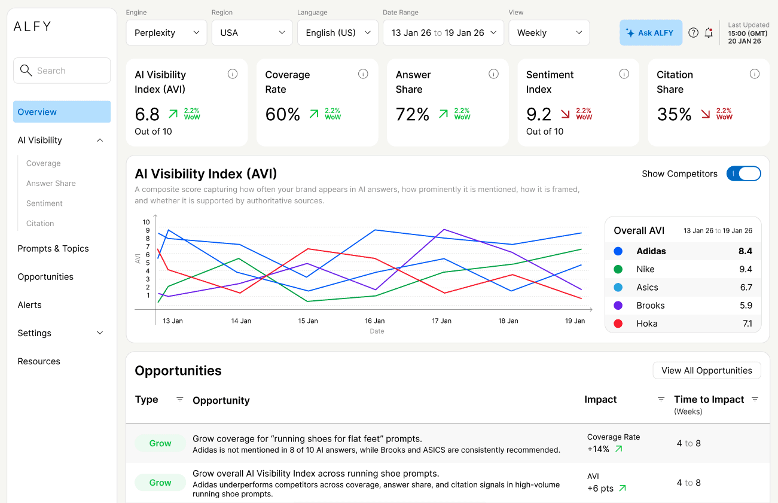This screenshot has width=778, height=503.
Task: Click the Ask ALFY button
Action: pyautogui.click(x=651, y=33)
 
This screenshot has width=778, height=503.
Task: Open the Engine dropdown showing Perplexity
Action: pyautogui.click(x=166, y=33)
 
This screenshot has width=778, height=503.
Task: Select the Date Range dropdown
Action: pyautogui.click(x=443, y=33)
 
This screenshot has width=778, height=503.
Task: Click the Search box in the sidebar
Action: pyautogui.click(x=62, y=71)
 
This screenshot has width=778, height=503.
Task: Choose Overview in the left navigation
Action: pyautogui.click(x=62, y=112)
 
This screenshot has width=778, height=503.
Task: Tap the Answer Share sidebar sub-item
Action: pyautogui.click(x=51, y=184)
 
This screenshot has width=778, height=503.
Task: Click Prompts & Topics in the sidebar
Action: pyautogui.click(x=53, y=249)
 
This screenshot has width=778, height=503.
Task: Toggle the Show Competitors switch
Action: pyautogui.click(x=743, y=173)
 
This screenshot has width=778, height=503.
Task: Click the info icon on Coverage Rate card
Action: pyautogui.click(x=363, y=74)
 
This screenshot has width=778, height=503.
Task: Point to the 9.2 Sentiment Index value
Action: pyautogui.click(x=539, y=114)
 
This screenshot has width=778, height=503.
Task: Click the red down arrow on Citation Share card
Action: pyautogui.click(x=706, y=114)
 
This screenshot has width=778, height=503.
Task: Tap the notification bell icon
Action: pyautogui.click(x=709, y=33)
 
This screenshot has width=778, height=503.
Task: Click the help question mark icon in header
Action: pyautogui.click(x=693, y=33)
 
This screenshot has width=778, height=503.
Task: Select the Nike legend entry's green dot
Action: pyautogui.click(x=618, y=270)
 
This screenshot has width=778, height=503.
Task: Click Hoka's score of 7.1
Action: pyautogui.click(x=747, y=324)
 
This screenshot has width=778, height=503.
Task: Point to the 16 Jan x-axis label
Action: pyautogui.click(x=375, y=321)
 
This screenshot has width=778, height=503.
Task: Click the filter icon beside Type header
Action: pyautogui.click(x=179, y=400)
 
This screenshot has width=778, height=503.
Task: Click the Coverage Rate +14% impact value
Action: pyautogui.click(x=599, y=449)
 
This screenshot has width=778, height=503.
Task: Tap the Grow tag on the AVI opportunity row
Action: pyautogui.click(x=160, y=483)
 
